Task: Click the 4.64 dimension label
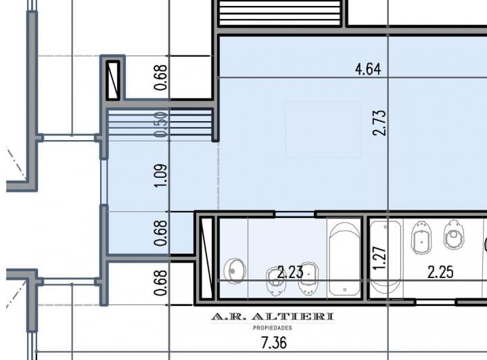pos(368,68)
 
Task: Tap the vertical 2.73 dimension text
pos(379,122)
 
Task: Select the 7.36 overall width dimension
pos(274,343)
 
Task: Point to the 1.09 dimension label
pos(162,175)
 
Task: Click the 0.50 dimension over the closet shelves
pos(162,125)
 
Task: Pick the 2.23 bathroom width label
pos(290,272)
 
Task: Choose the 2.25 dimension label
pos(440,272)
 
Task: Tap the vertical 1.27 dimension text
pos(379,258)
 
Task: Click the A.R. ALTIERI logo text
pos(273,317)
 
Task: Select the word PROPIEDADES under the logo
pos(273,328)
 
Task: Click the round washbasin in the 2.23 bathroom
pos(235,271)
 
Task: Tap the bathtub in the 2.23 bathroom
pos(344,258)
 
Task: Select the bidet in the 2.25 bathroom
pos(421,238)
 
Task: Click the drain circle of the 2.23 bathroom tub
pos(345,290)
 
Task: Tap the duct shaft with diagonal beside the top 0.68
pos(113,81)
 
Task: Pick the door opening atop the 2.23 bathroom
pos(295,215)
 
